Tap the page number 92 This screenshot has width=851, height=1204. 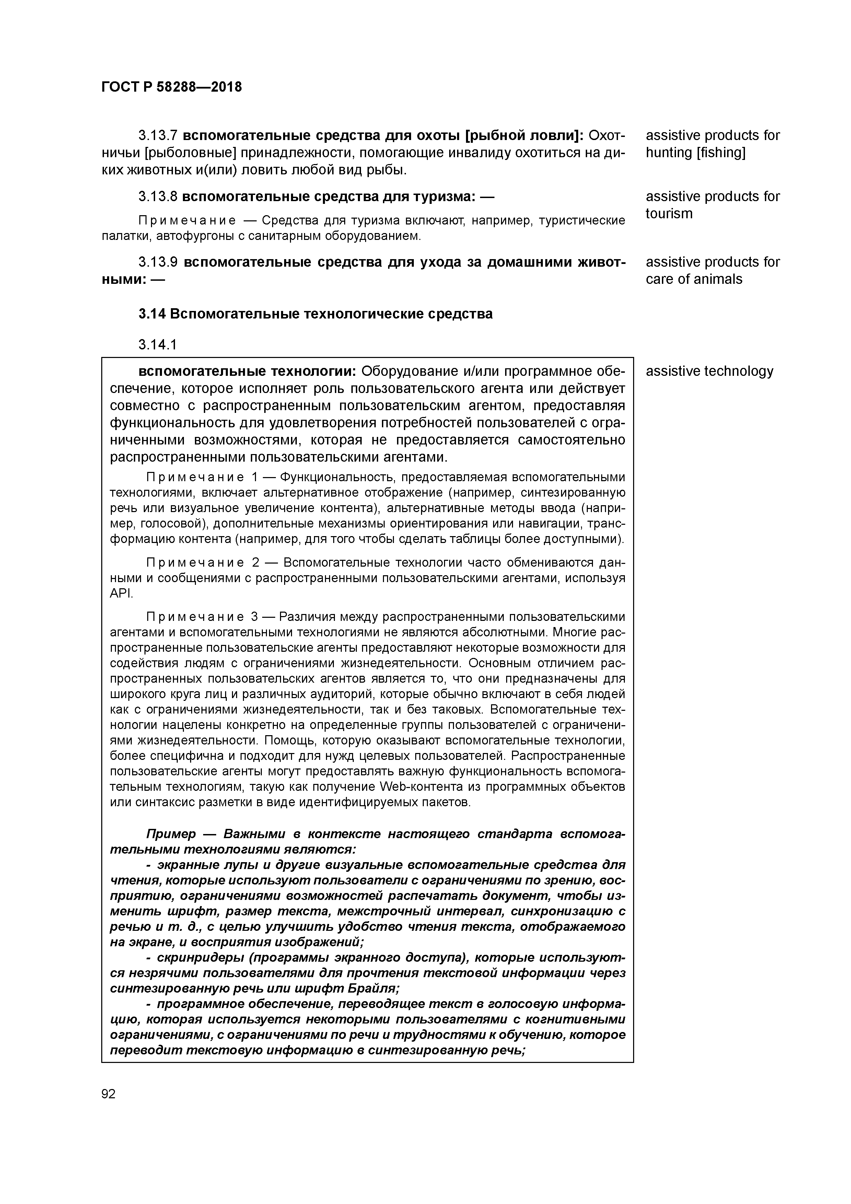tap(108, 1094)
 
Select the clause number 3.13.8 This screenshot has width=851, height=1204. tap(158, 197)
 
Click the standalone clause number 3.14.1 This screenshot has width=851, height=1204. tap(157, 345)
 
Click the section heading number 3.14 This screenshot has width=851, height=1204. tap(152, 314)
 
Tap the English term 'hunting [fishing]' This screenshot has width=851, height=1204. tap(695, 153)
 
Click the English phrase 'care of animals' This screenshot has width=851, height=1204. tap(694, 279)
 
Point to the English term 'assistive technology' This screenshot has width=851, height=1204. tap(709, 371)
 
